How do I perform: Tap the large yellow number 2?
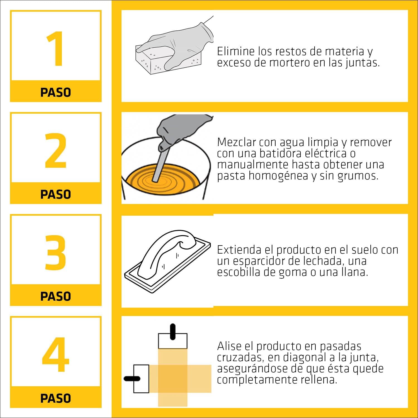point(56,151)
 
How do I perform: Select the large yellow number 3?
point(56,253)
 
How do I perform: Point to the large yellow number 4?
point(55,354)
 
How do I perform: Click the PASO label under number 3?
point(56,296)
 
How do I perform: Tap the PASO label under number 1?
point(56,92)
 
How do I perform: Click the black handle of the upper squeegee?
point(173,332)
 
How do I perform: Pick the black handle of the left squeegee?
point(132,379)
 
